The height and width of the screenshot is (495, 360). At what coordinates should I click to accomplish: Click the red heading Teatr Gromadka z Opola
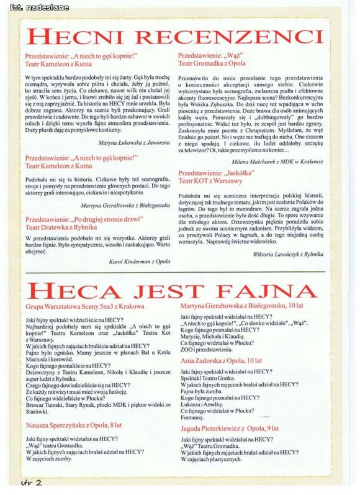pyautogui.click(x=212, y=63)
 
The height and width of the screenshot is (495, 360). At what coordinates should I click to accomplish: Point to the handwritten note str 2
pyautogui.click(x=31, y=482)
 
